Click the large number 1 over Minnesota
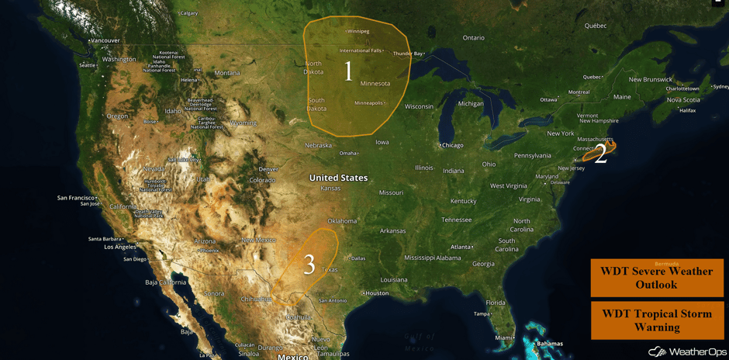click(348, 71)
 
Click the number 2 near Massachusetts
click(600, 154)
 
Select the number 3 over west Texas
click(309, 265)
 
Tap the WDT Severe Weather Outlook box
click(657, 278)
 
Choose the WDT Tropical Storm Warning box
click(657, 320)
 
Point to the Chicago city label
click(451, 145)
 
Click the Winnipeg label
click(358, 32)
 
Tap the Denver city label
click(268, 169)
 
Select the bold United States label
click(338, 178)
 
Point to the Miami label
click(504, 337)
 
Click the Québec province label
click(596, 26)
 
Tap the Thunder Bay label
click(408, 54)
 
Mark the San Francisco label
click(76, 198)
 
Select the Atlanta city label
click(461, 247)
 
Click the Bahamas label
click(550, 344)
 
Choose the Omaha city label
click(348, 153)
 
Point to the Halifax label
click(687, 110)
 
